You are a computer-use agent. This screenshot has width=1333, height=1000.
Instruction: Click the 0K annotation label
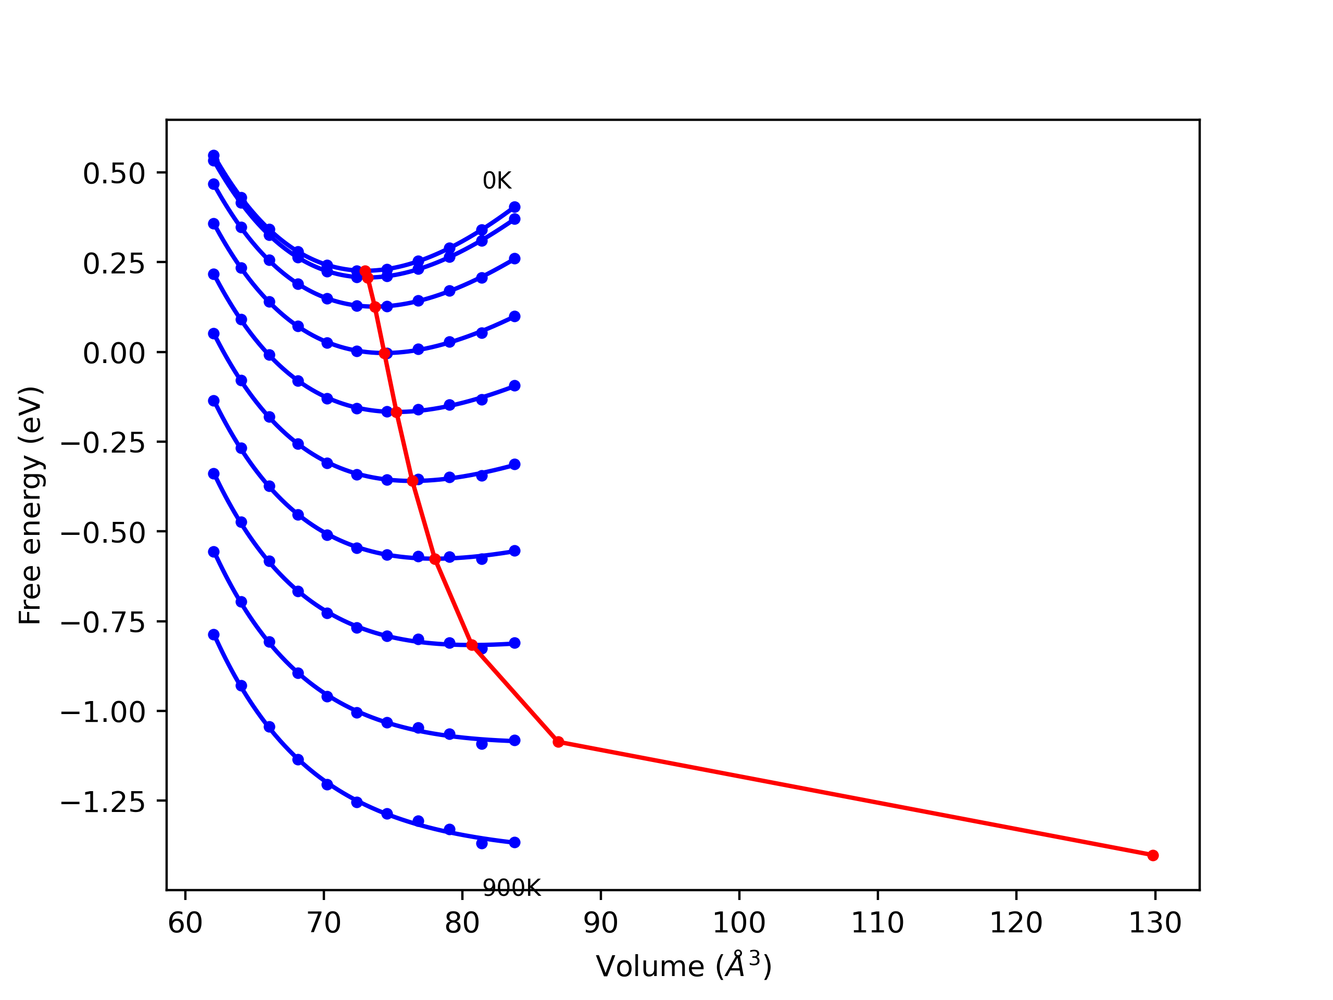tap(497, 181)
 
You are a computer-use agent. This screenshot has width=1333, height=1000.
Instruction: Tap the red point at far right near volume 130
tap(1153, 855)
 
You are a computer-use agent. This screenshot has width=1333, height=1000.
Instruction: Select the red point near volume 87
tap(559, 742)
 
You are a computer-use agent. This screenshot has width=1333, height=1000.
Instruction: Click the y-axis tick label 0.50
tap(114, 174)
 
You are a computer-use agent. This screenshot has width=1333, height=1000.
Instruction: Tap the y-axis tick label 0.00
tap(114, 353)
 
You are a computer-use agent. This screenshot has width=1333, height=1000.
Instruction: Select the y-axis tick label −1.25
tap(103, 802)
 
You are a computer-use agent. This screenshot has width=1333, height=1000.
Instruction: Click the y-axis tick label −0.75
tap(103, 623)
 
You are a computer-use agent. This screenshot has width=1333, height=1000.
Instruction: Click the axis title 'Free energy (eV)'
tap(30, 505)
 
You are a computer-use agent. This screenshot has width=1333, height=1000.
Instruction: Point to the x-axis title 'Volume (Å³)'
tap(683, 966)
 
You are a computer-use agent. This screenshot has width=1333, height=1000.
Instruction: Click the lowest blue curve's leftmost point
tap(214, 635)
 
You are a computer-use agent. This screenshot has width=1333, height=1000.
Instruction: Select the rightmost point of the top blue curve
tap(514, 207)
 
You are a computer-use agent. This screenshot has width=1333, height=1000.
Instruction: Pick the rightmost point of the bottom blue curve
tap(514, 843)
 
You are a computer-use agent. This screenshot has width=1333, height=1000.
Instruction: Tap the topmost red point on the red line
tap(365, 271)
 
